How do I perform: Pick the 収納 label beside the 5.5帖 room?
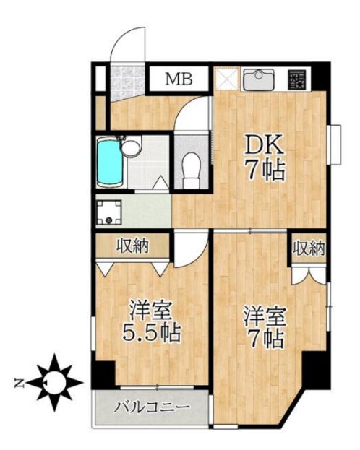click(133, 246)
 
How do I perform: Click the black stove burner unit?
click(296, 78)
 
